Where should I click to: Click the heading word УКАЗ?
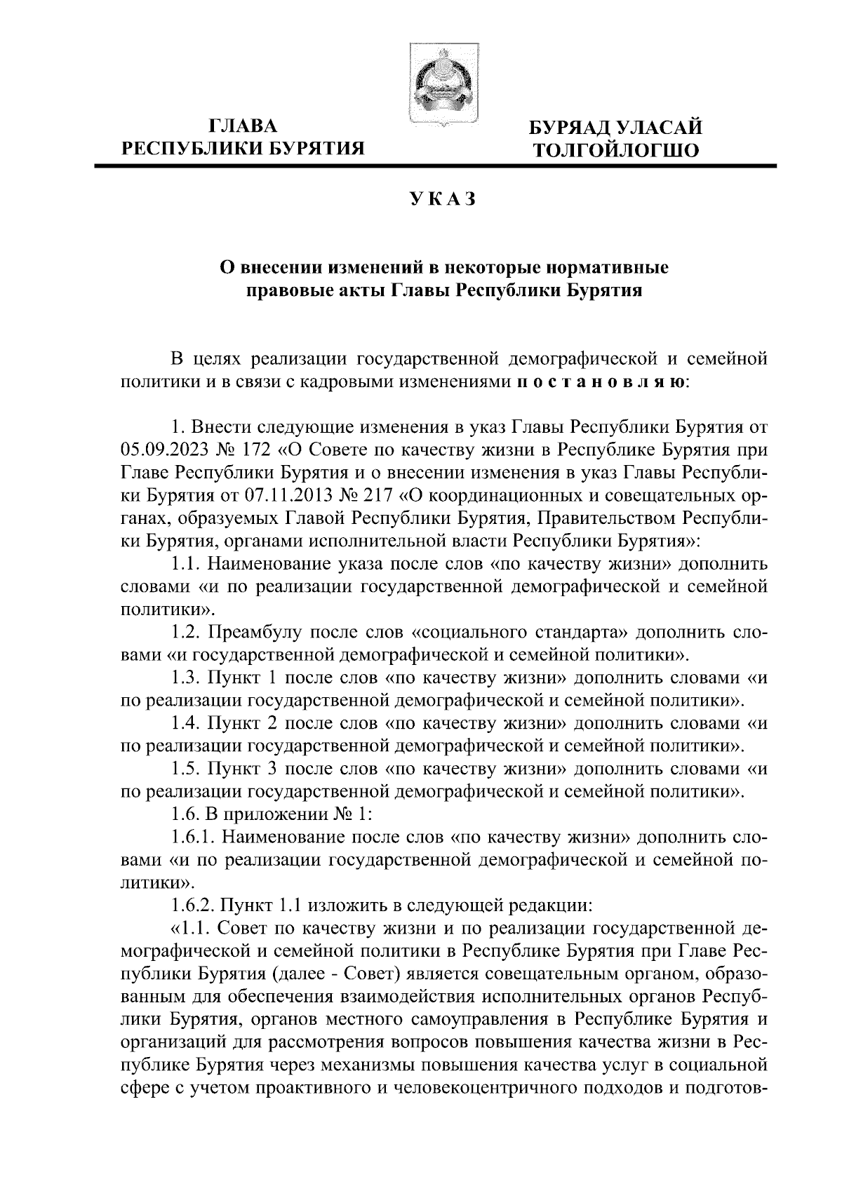click(443, 200)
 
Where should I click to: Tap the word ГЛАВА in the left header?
click(243, 126)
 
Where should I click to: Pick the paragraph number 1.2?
click(186, 633)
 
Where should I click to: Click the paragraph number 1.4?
click(186, 724)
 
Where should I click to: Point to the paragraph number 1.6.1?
click(192, 837)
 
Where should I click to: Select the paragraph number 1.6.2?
click(192, 905)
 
